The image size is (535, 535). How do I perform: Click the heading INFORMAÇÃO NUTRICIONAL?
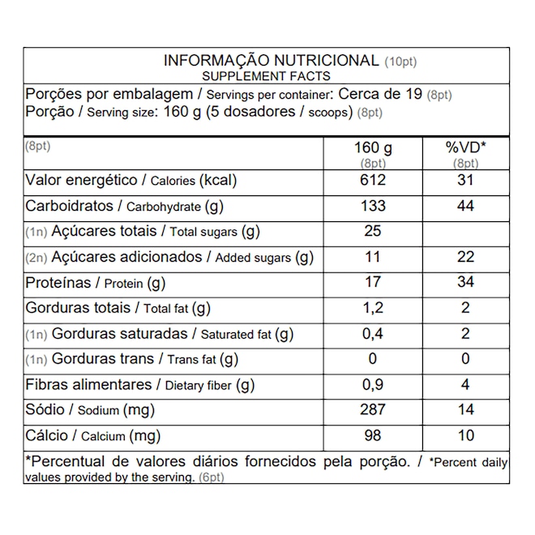271,61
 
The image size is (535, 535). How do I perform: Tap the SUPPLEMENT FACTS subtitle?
266,76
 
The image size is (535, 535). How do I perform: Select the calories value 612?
373,180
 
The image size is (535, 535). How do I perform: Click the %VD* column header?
465,149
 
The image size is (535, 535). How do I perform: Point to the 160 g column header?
373,149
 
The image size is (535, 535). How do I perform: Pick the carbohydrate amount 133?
373,206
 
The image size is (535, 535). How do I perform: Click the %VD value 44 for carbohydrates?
465,206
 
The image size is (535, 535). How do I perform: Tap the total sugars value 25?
373,232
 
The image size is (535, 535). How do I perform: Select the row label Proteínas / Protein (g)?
96,283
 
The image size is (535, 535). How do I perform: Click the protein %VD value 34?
465,283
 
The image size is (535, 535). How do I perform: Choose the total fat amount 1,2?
373,308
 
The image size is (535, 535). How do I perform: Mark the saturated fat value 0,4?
373,333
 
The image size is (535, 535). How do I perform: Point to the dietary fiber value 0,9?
373,384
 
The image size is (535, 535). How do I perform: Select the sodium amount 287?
373,410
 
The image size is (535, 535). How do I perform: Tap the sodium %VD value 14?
465,410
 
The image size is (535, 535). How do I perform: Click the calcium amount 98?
373,435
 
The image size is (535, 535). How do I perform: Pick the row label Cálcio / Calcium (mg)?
94,436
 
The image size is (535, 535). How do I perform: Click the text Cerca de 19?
379,93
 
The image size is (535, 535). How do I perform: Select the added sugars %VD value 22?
465,257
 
